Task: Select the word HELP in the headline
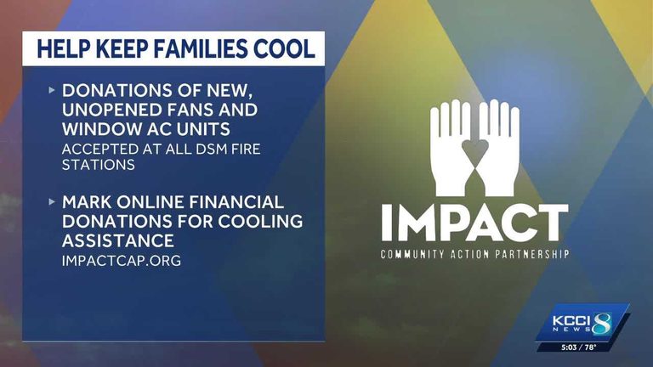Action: point(63,48)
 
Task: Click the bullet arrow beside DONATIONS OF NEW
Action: point(52,90)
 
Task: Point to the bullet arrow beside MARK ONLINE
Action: point(52,202)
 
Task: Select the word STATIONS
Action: point(99,165)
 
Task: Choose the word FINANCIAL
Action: point(236,202)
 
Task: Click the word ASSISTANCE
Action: point(118,241)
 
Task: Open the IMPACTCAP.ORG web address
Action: point(122,261)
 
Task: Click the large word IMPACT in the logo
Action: point(474,223)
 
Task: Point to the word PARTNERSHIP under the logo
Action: point(531,254)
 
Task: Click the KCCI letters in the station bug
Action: point(571,321)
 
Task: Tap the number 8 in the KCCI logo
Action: point(602,324)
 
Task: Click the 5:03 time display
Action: point(569,347)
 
